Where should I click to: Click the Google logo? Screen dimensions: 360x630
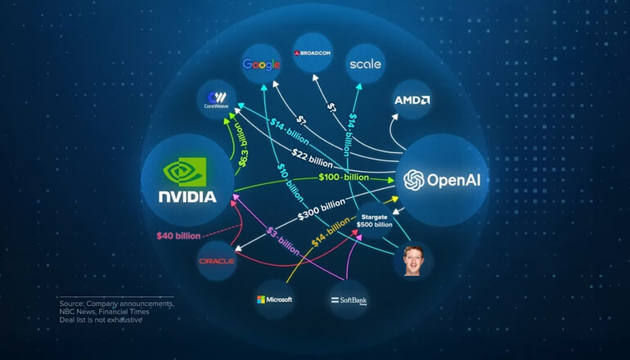(x=262, y=64)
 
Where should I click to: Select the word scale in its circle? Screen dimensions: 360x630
(x=364, y=64)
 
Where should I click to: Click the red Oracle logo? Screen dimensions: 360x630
(x=217, y=261)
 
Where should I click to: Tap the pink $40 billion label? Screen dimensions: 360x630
(x=178, y=236)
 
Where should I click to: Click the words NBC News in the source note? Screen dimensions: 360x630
(x=78, y=312)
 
